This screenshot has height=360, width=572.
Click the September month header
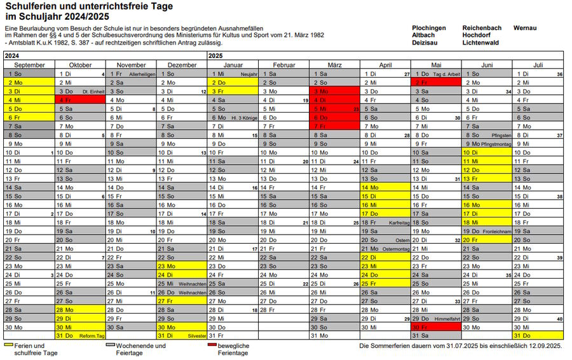click(x=29, y=65)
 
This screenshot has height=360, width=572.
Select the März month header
click(x=334, y=65)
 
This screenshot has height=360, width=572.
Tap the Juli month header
click(x=538, y=65)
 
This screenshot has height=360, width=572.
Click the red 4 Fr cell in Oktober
click(x=80, y=100)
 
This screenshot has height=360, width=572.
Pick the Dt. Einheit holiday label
click(x=93, y=92)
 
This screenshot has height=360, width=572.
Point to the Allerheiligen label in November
click(x=142, y=74)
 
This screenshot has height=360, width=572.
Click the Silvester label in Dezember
click(x=197, y=335)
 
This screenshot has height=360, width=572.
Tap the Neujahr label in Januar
click(x=249, y=74)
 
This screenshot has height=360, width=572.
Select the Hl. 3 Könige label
click(x=244, y=118)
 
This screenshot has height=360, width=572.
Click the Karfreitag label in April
click(x=400, y=223)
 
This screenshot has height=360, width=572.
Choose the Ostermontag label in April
click(x=397, y=249)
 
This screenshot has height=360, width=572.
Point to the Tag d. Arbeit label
click(x=446, y=74)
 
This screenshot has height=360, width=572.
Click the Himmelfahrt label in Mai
click(x=447, y=318)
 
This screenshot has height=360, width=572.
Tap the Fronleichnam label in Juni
click(x=497, y=232)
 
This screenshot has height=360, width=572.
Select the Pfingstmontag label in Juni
click(x=496, y=144)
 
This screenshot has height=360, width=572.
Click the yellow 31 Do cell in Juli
click(x=538, y=335)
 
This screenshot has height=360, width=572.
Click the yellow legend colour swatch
click(x=8, y=344)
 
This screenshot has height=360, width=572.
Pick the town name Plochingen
click(x=428, y=28)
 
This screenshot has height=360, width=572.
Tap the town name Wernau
click(x=524, y=28)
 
